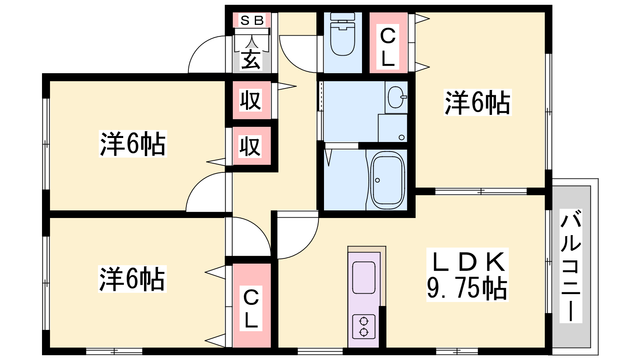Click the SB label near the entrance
pos(252,20)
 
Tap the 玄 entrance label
pos(251,60)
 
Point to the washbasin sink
pos(396,97)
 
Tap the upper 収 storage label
pos(250,100)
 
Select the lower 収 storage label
pos(250,146)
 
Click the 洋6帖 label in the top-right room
pos(477,102)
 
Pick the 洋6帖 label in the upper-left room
pos(133,144)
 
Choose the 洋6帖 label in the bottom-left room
pos(132,279)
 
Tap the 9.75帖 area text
pos(467,288)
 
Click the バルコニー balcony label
pos(571,266)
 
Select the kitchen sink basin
pos(364,278)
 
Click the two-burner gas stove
pos(364,326)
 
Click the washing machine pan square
pos(392,128)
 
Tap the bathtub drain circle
pos(378,180)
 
